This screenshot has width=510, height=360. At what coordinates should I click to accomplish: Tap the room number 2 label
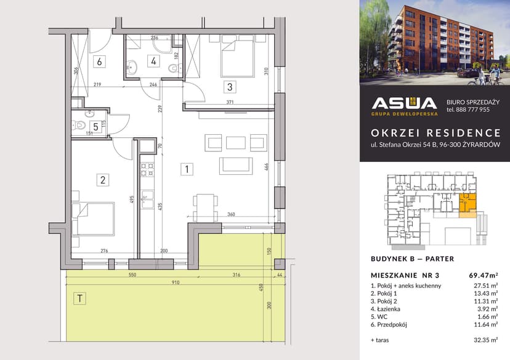(x=103, y=180)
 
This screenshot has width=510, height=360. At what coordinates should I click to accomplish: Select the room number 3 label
(x=229, y=87)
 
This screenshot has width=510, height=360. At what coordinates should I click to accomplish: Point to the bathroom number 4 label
(x=154, y=61)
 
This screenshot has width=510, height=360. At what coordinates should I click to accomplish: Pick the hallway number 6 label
(x=99, y=61)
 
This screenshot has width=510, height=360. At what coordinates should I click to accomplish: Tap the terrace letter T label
(x=79, y=299)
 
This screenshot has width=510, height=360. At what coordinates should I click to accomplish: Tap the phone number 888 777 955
(x=468, y=110)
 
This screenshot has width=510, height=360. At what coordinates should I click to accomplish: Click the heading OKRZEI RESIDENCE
(x=435, y=132)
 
